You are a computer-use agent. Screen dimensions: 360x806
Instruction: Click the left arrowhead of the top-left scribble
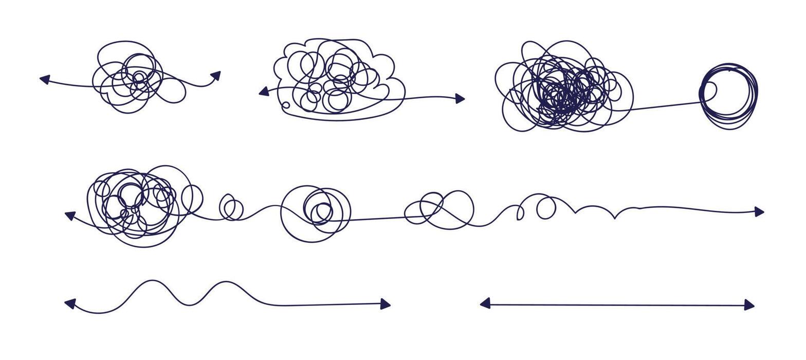point(45,79)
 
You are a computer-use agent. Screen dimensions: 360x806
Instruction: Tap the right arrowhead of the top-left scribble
point(216,75)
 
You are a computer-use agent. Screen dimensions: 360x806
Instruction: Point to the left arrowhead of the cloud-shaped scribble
point(264,92)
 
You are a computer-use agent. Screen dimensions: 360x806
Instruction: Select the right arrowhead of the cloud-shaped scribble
point(460,98)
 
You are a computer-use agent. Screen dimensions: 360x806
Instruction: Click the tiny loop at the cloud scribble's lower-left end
point(286,105)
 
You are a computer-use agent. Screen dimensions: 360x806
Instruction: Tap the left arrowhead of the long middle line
point(70,215)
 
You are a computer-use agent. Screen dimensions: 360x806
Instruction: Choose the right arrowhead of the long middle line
point(759,211)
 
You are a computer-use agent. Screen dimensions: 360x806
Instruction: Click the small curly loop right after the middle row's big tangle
point(231,207)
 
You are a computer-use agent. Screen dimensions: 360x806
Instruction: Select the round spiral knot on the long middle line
point(316,211)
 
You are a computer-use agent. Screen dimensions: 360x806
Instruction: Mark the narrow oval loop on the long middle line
point(520,213)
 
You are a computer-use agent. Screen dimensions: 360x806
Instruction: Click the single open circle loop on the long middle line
point(546,208)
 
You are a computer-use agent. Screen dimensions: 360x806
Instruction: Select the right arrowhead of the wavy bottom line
point(386,304)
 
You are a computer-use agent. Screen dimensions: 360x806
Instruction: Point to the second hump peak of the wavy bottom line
point(225,282)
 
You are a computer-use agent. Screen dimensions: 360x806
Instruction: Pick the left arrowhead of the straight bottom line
point(485,303)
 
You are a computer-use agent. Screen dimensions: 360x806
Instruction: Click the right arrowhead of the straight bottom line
point(749,305)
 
